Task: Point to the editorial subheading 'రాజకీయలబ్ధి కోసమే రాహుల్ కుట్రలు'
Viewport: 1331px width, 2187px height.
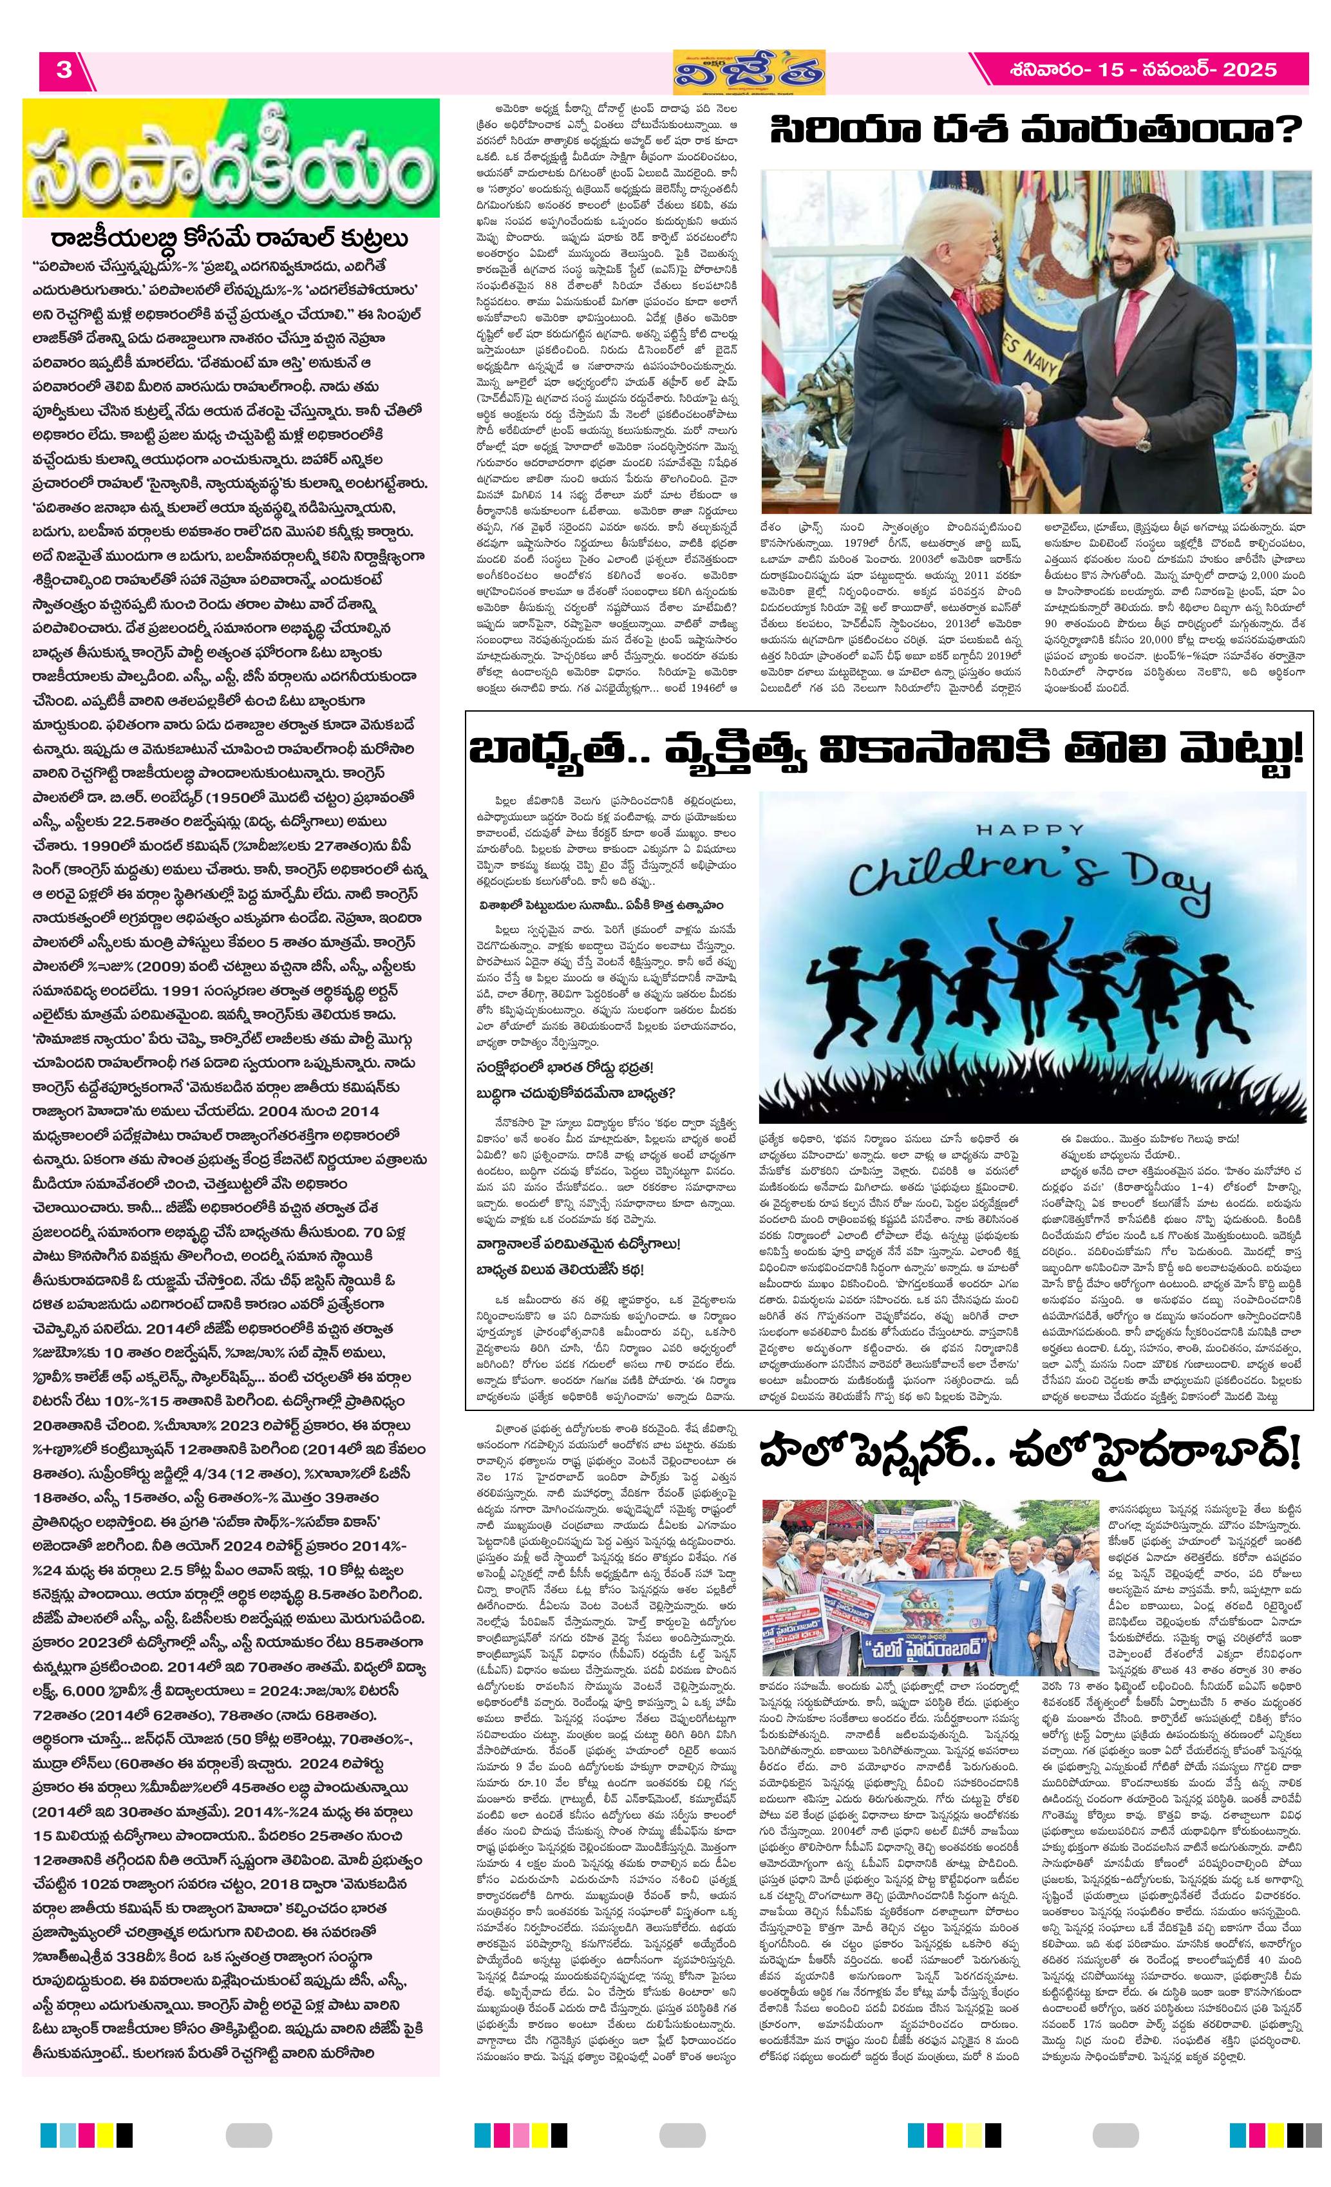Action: click(x=230, y=240)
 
